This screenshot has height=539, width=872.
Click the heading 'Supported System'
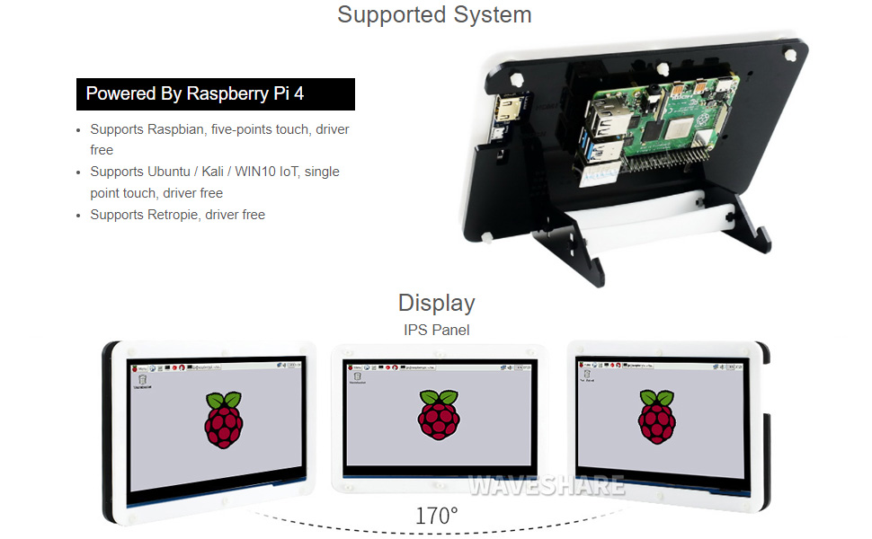point(434,15)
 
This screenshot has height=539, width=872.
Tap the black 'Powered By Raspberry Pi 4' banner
point(215,94)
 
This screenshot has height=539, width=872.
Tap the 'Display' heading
point(436,303)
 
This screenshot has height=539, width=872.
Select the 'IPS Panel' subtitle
point(436,330)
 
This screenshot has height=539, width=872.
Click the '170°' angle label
point(436,517)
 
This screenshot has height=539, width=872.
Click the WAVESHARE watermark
point(546,486)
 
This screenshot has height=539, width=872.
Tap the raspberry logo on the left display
point(224,419)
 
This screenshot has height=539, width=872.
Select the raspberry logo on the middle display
point(438,419)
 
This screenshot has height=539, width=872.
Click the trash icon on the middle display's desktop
point(352,377)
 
